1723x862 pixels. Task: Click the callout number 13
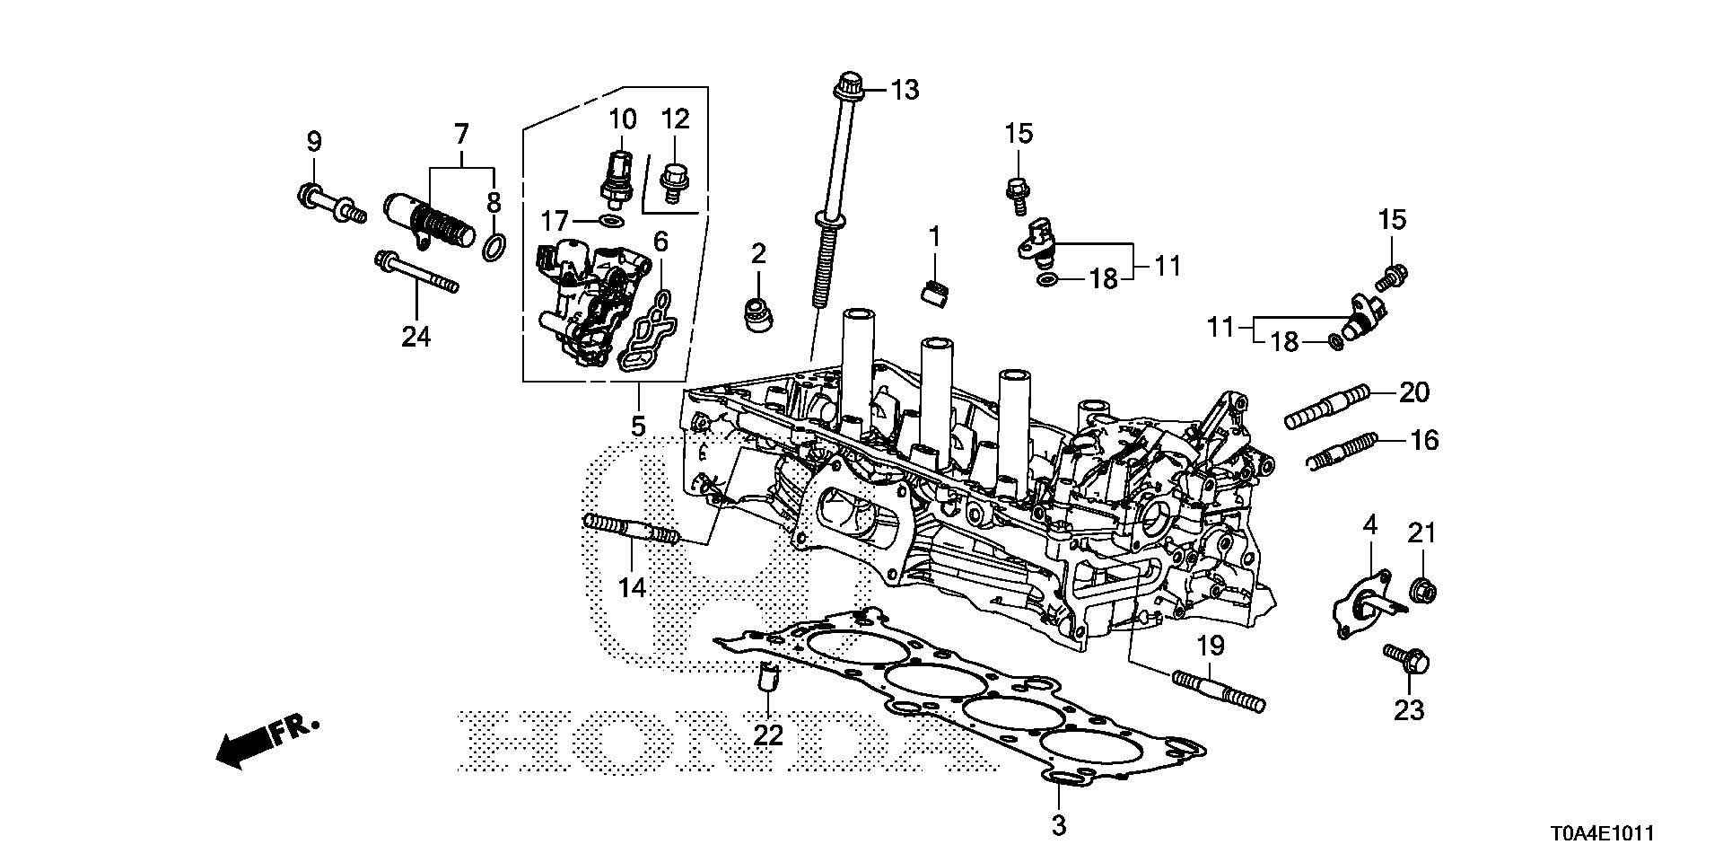905,90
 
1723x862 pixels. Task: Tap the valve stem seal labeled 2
759,314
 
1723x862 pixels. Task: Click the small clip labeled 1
935,293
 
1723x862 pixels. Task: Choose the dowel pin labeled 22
767,699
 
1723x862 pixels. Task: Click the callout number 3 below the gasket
1058,825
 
